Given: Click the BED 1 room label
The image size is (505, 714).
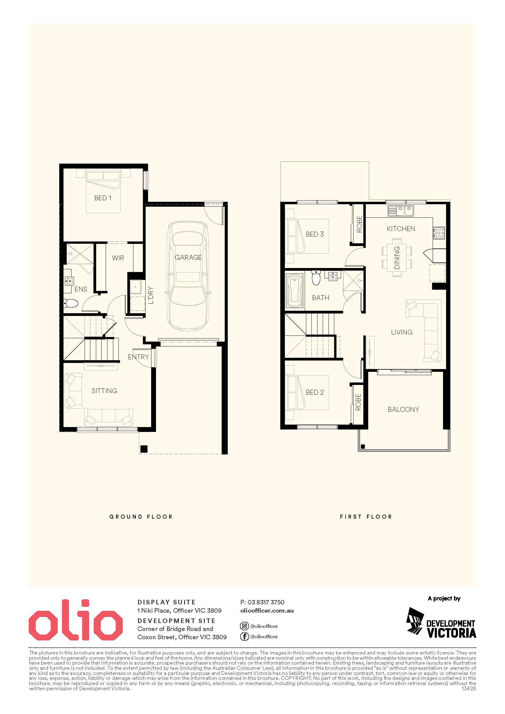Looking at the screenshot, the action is (x=103, y=198).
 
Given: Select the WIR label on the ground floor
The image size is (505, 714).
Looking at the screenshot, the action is (x=118, y=258).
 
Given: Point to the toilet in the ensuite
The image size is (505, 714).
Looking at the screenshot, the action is (x=70, y=303).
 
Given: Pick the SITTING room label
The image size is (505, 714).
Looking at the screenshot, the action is (x=104, y=391).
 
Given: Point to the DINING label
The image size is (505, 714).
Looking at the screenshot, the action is (x=397, y=258).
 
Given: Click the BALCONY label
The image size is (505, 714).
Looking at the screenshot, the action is (x=403, y=410).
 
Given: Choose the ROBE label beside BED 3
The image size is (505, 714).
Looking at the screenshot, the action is (x=359, y=224).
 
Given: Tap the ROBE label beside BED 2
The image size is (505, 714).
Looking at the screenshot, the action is (x=358, y=402).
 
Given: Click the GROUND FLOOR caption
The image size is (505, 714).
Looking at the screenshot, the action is (x=141, y=517).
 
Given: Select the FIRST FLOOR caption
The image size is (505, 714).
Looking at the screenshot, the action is (x=366, y=517).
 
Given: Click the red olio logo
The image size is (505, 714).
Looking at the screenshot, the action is (x=76, y=619).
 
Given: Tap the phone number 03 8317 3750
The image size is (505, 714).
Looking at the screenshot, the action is (x=266, y=602).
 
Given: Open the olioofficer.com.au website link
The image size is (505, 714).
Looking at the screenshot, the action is (x=267, y=611).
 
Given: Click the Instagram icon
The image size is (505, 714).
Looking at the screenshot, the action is (x=245, y=626).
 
